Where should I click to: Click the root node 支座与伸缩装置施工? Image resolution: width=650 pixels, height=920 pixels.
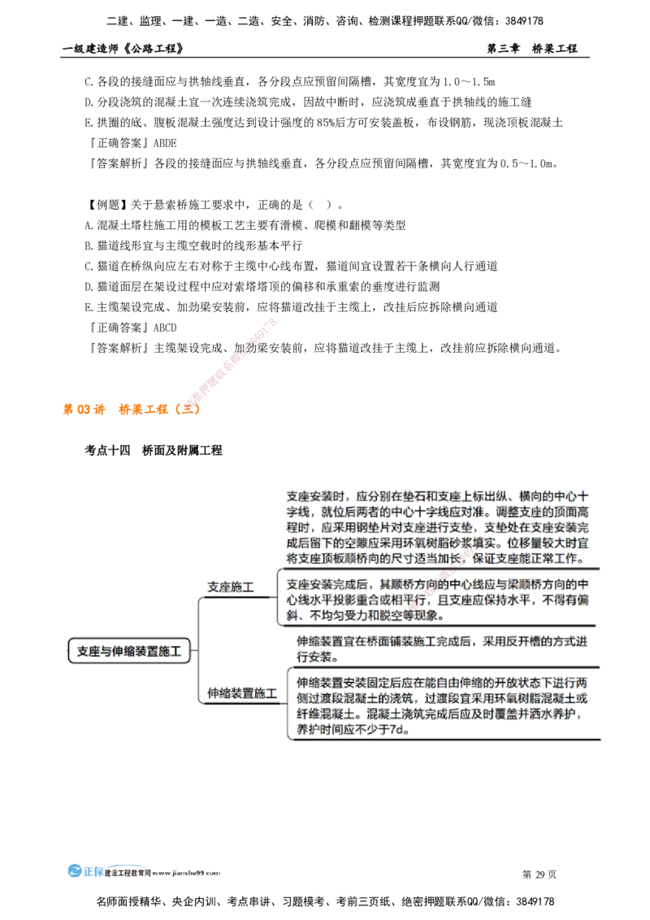pos(130,651)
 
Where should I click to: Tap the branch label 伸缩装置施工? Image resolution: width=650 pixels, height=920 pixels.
pos(241,694)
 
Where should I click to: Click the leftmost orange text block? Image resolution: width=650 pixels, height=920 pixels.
pos(84,410)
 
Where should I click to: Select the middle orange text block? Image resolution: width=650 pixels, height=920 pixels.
pos(143,410)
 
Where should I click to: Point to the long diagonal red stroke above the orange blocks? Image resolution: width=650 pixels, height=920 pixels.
pos(232,361)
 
